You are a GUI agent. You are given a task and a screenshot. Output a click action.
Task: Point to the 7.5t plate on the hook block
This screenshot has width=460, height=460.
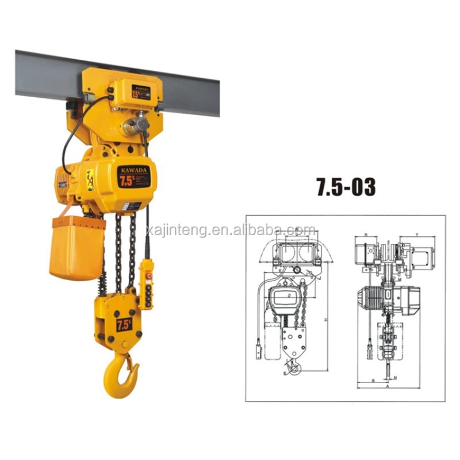coord(123,324)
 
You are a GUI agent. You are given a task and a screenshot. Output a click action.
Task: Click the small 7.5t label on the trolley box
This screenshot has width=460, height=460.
coord(140,92)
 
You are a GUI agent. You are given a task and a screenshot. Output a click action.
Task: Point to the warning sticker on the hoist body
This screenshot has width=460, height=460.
coord(90,179)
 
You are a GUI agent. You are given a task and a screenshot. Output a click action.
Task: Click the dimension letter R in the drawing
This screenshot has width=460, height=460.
coord(366,235)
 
